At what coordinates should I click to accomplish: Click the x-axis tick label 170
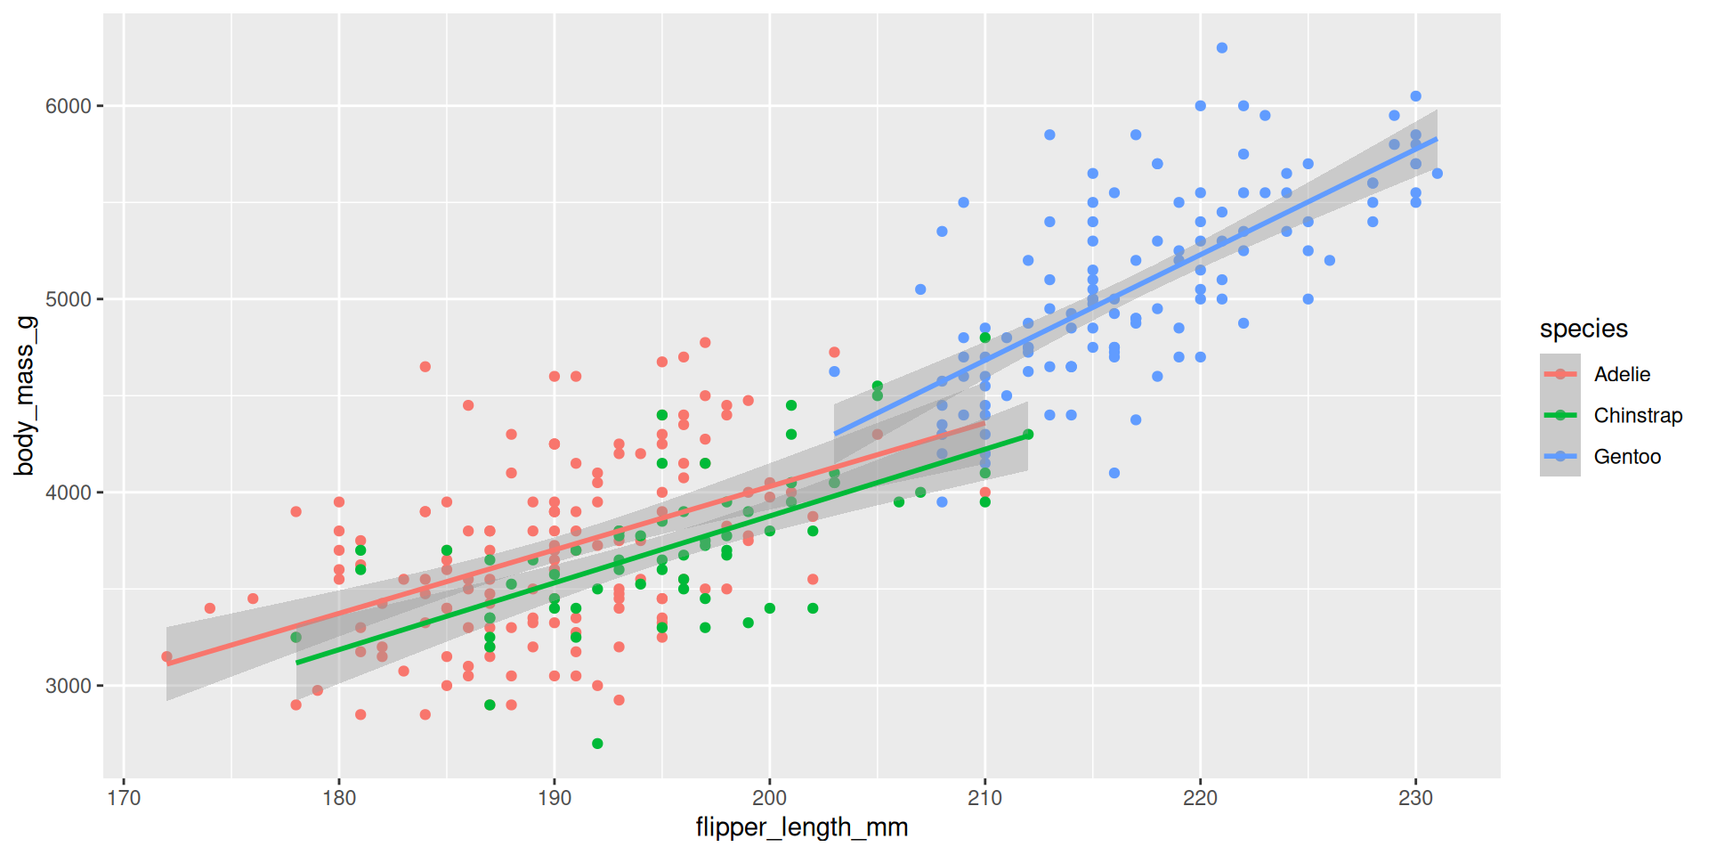point(124,798)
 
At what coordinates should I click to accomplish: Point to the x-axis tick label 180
point(339,798)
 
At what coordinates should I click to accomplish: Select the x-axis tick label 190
point(555,798)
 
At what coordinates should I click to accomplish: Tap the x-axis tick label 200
point(770,798)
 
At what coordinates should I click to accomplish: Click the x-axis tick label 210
point(985,798)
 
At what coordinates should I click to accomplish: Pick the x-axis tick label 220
point(1200,798)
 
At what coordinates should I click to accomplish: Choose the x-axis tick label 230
point(1415,798)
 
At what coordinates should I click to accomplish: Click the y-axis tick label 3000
point(69,687)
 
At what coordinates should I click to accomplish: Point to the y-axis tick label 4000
point(69,493)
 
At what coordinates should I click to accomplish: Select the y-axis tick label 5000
point(69,300)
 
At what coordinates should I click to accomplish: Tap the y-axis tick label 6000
point(69,107)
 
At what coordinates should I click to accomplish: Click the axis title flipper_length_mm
point(801,827)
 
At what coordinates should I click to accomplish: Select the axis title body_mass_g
point(25,395)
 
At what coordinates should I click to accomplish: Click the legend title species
point(1583,329)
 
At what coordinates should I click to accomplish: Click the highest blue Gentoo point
point(1222,48)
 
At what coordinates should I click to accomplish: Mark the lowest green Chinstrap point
point(597,744)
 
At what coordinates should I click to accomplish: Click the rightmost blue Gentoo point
point(1438,174)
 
